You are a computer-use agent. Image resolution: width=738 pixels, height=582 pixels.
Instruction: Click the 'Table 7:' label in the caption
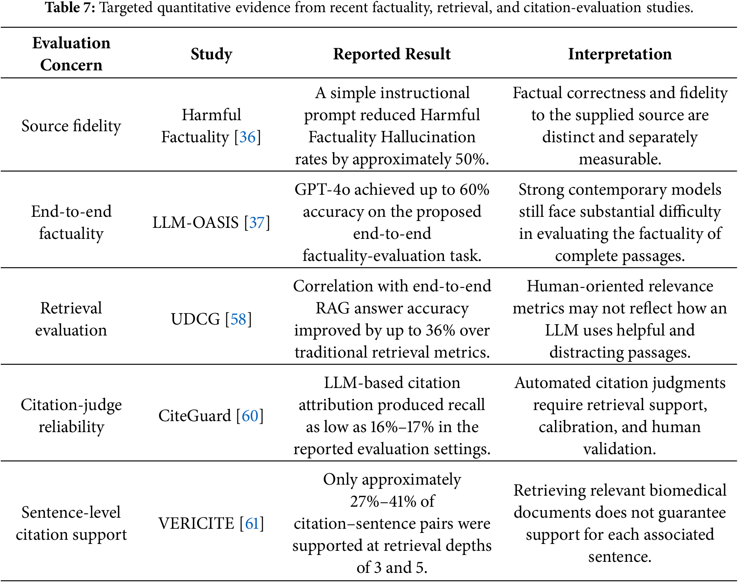click(x=70, y=8)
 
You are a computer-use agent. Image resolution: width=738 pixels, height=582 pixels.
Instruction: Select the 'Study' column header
click(x=212, y=54)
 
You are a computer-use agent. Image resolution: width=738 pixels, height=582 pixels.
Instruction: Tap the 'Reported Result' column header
click(x=392, y=54)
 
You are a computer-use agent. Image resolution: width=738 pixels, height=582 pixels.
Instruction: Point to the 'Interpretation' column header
click(x=620, y=54)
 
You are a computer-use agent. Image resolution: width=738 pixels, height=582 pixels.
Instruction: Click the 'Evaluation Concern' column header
click(x=71, y=54)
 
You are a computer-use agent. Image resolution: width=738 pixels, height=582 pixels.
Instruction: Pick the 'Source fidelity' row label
click(x=71, y=126)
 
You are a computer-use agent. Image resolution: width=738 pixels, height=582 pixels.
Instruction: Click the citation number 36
click(x=247, y=137)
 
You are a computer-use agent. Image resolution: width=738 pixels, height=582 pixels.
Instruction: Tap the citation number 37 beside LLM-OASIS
click(x=257, y=223)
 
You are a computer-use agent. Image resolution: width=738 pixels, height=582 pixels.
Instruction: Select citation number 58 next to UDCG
click(x=239, y=319)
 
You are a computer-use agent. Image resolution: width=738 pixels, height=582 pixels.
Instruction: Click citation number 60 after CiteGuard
click(x=250, y=416)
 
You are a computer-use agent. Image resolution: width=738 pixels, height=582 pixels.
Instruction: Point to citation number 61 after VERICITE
click(x=252, y=523)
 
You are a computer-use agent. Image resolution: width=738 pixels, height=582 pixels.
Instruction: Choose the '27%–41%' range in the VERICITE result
click(x=382, y=501)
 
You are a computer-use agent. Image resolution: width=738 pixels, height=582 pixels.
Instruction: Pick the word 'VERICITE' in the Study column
click(x=196, y=523)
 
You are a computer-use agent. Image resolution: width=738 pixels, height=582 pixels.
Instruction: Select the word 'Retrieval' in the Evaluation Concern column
click(x=71, y=308)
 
